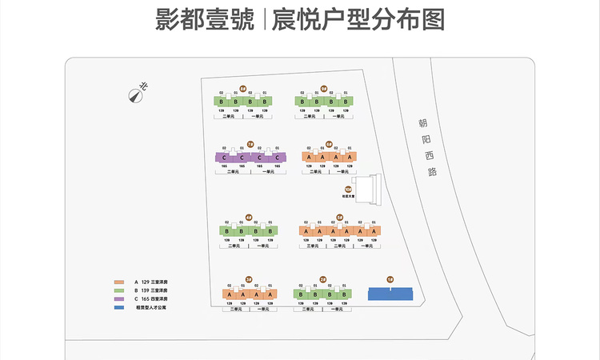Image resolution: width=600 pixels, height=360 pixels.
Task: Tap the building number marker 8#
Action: pyautogui.click(x=243, y=89)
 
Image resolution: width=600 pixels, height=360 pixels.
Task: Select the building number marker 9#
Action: pyautogui.click(x=324, y=89)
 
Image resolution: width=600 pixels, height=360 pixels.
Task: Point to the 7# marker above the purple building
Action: pyautogui.click(x=250, y=144)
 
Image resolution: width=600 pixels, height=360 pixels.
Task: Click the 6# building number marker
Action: pyautogui.click(x=329, y=144)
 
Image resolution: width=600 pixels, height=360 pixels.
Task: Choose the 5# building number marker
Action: pyautogui.click(x=339, y=217)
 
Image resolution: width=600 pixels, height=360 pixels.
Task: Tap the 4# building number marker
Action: pyautogui.click(x=249, y=217)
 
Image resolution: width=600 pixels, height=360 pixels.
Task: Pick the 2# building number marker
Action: pyautogui.click(x=323, y=279)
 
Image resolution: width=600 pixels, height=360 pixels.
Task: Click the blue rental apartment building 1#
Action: pyautogui.click(x=390, y=294)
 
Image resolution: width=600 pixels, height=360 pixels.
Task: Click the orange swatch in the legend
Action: pyautogui.click(x=119, y=282)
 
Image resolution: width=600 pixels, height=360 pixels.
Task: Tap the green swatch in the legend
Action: pyautogui.click(x=119, y=290)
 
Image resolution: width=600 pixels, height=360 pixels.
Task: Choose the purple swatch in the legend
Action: pyautogui.click(x=119, y=298)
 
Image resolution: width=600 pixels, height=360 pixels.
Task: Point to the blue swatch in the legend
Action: pyautogui.click(x=119, y=306)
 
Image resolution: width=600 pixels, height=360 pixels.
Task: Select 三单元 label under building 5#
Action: pyautogui.click(x=313, y=246)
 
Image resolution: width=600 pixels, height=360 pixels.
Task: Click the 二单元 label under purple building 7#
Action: pyautogui.click(x=233, y=172)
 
